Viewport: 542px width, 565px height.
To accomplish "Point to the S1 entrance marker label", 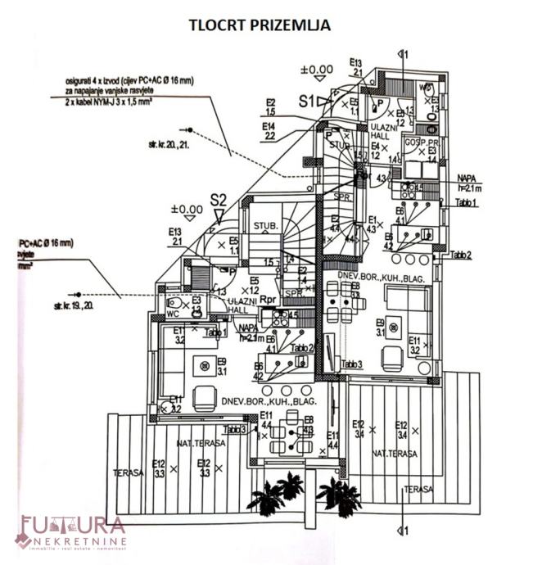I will click(x=307, y=102).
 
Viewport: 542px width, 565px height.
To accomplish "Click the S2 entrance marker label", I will click(x=218, y=199).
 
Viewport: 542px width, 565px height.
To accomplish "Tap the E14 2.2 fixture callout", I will click(x=269, y=132).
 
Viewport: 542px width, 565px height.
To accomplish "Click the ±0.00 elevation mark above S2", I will click(x=187, y=210).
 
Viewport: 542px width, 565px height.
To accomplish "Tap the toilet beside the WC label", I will click(x=196, y=309).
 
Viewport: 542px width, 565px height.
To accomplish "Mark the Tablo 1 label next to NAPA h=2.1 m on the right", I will click(x=466, y=202).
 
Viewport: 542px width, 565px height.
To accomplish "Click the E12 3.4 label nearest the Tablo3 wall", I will click(x=359, y=428).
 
